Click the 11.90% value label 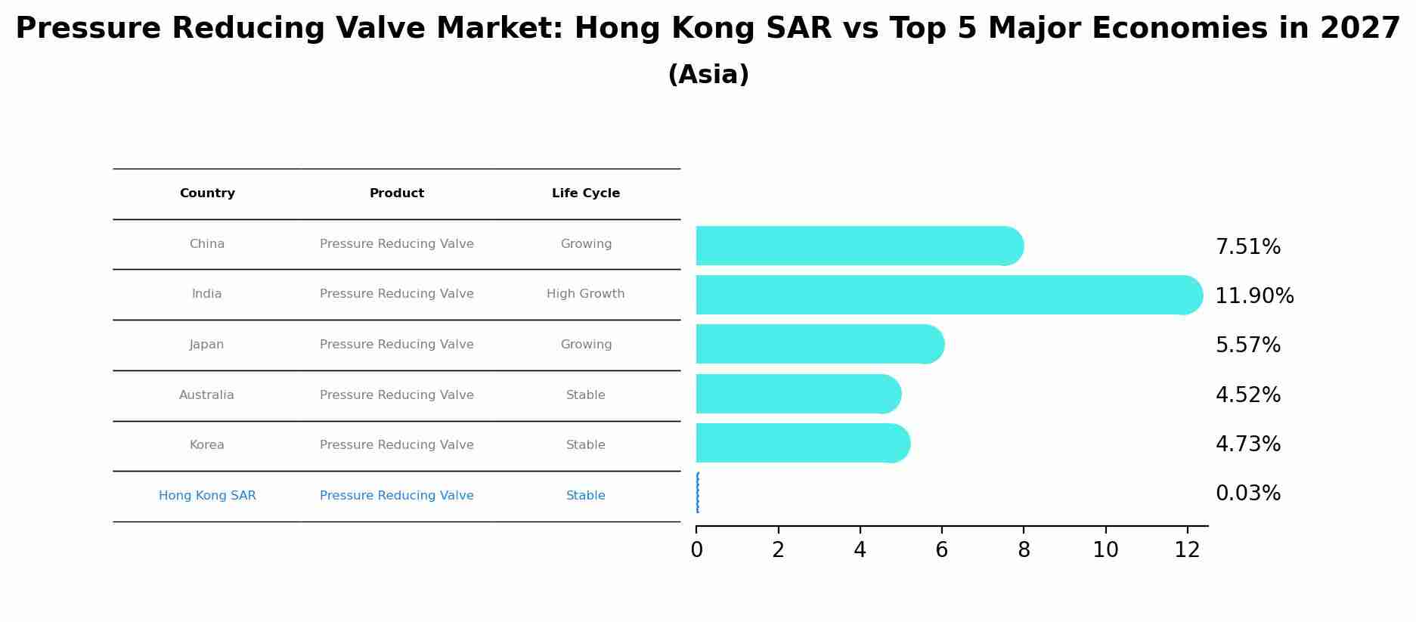coord(1254,296)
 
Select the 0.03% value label coord(1247,494)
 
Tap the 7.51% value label coord(1247,247)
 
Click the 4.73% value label coord(1247,444)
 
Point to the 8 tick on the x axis coord(1024,550)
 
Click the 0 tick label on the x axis coord(696,550)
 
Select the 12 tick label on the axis coord(1187,550)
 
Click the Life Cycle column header coord(586,193)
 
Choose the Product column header coord(397,193)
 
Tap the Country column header coord(207,193)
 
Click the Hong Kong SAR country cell coord(207,496)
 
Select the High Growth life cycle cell coord(586,294)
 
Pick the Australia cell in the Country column coord(206,395)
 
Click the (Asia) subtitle coord(708,75)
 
